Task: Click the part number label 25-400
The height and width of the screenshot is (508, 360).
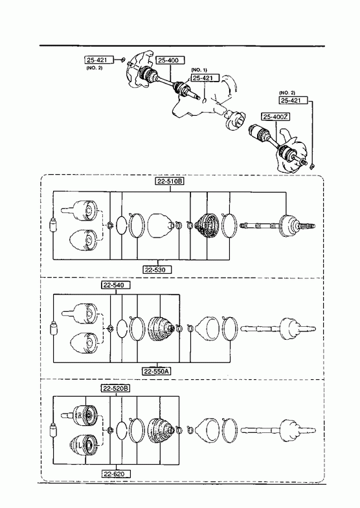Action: (170, 60)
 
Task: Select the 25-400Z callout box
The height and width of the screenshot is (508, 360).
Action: (276, 116)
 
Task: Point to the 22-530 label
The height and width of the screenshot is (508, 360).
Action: (157, 269)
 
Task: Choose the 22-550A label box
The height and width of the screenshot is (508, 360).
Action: (157, 371)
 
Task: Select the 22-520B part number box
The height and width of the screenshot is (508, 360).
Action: (116, 388)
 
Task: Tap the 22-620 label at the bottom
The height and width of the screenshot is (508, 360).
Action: (116, 474)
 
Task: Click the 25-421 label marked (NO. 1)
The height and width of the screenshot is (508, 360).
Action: (205, 78)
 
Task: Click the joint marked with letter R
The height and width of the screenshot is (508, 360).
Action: (84, 415)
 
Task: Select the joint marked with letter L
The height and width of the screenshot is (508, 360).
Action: (84, 446)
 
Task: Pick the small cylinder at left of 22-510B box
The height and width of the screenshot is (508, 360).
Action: (53, 225)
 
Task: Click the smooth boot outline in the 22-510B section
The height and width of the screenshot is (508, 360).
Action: (161, 225)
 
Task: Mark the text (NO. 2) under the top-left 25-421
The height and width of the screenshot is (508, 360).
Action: (95, 68)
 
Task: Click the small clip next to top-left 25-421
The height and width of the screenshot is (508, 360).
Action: (123, 60)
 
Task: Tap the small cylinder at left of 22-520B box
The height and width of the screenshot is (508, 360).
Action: (53, 430)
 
